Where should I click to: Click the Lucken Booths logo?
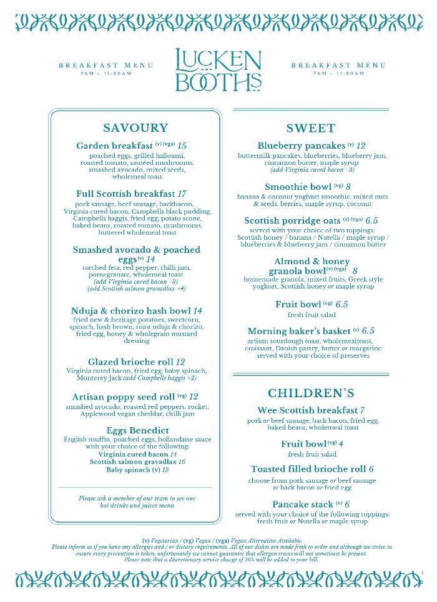[218, 70]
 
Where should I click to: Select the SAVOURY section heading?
[135, 128]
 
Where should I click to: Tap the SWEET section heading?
[310, 129]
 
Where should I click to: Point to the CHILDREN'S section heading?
[310, 393]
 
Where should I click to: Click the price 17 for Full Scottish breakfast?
[182, 194]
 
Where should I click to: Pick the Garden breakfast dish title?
[115, 146]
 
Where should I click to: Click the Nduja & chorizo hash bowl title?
[131, 311]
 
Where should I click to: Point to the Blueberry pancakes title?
[302, 146]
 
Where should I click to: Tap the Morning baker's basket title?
[299, 331]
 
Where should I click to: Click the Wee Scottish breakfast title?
[307, 410]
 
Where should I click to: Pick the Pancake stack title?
[302, 504]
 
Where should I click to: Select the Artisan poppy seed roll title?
[123, 397]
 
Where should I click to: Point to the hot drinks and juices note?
[137, 502]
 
